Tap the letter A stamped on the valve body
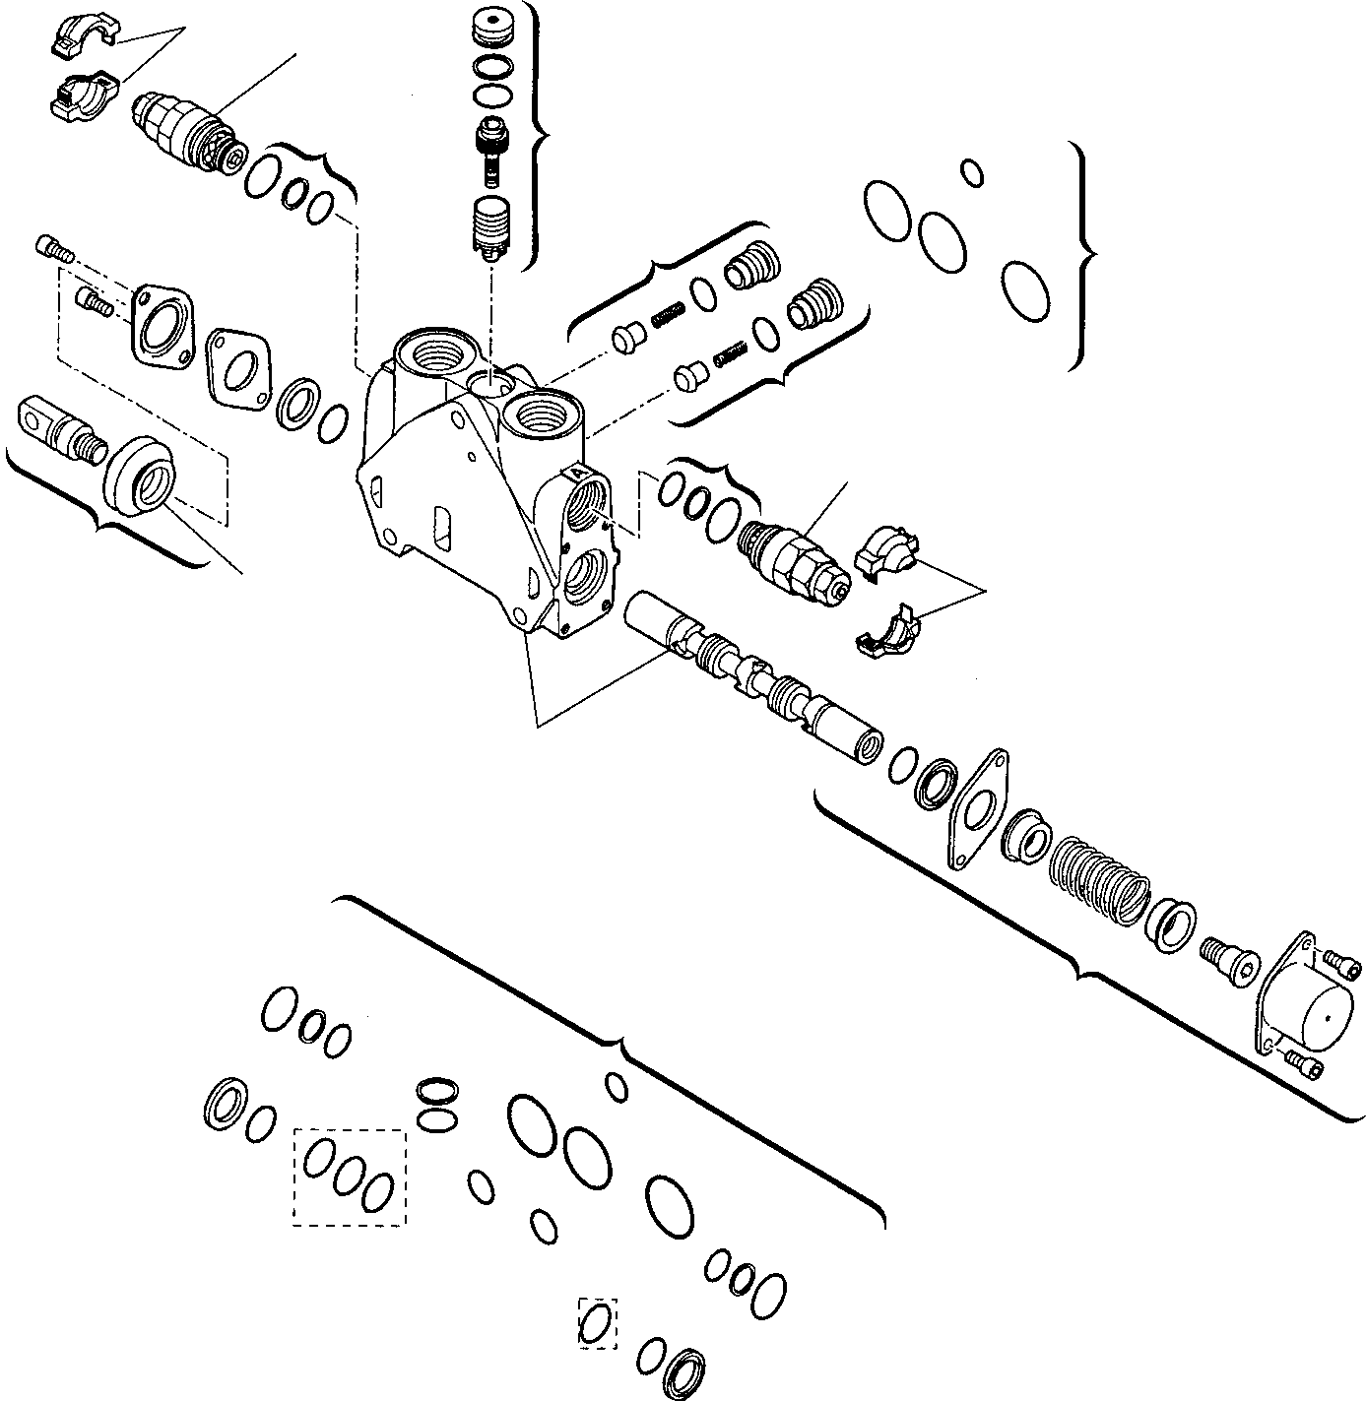[575, 474]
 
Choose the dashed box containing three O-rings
[349, 1178]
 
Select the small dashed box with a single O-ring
[596, 1322]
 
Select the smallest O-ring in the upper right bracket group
[971, 171]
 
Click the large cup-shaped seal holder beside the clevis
[140, 475]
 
